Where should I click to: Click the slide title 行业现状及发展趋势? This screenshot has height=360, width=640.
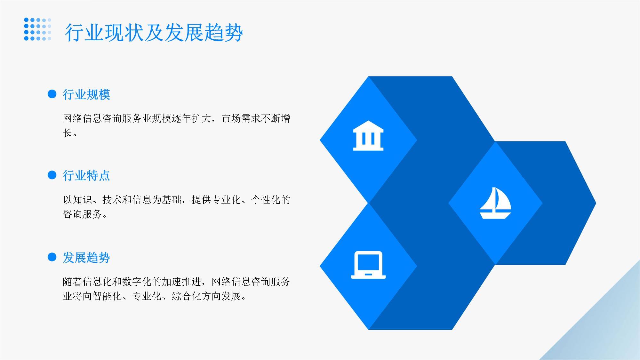coord(154,33)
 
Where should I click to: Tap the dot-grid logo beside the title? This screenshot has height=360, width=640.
coord(37,29)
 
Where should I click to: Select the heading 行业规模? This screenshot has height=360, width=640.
coord(86,95)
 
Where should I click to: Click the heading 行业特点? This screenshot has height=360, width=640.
coord(86,176)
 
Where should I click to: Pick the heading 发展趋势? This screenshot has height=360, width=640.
coord(86,258)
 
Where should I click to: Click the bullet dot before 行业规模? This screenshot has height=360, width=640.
coord(52,94)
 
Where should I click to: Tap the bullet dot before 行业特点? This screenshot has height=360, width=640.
coord(52,175)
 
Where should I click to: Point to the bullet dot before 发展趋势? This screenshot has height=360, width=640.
coord(52,257)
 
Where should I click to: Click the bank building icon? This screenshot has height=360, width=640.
coord(368,136)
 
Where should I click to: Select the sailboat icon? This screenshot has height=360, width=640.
coord(495,203)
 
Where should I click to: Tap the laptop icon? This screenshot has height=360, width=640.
coord(368,265)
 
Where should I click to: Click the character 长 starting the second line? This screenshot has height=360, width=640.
coord(68,133)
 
